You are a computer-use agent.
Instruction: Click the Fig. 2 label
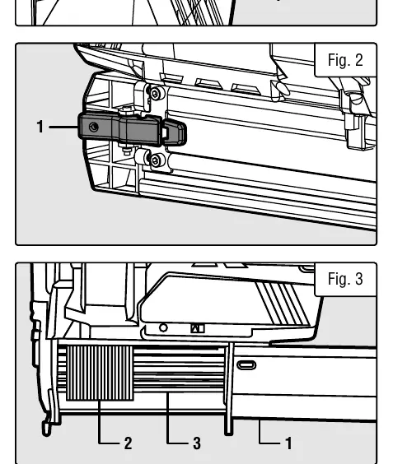coord(345,60)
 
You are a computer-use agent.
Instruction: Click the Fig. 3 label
coord(345,279)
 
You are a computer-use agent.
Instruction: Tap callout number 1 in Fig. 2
coord(40,127)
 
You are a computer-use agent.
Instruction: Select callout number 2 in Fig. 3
coord(128,443)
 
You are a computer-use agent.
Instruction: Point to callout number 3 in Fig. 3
coord(197,443)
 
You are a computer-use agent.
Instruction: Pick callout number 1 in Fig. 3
coord(288,443)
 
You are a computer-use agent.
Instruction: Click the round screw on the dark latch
coord(94,127)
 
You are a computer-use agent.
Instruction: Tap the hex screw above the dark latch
coord(155,94)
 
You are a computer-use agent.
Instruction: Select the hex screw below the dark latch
coord(155,160)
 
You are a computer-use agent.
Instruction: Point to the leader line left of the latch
coord(63,127)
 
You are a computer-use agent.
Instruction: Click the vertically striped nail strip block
coord(100,374)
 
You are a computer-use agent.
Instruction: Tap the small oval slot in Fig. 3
coord(246,365)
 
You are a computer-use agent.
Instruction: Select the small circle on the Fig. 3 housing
coord(163,328)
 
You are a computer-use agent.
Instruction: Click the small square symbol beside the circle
coord(198,328)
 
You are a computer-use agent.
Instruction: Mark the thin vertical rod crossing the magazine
coord(228,388)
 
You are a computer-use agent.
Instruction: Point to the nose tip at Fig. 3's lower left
coord(46,429)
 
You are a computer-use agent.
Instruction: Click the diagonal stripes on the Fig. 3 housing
coord(282,304)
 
